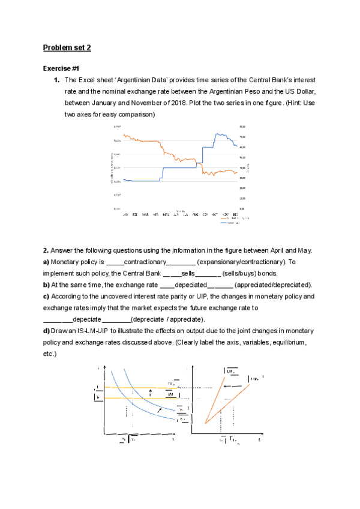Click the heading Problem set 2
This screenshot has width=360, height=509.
[67, 47]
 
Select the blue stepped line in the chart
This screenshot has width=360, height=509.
[180, 168]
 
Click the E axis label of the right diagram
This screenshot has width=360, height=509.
[259, 439]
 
